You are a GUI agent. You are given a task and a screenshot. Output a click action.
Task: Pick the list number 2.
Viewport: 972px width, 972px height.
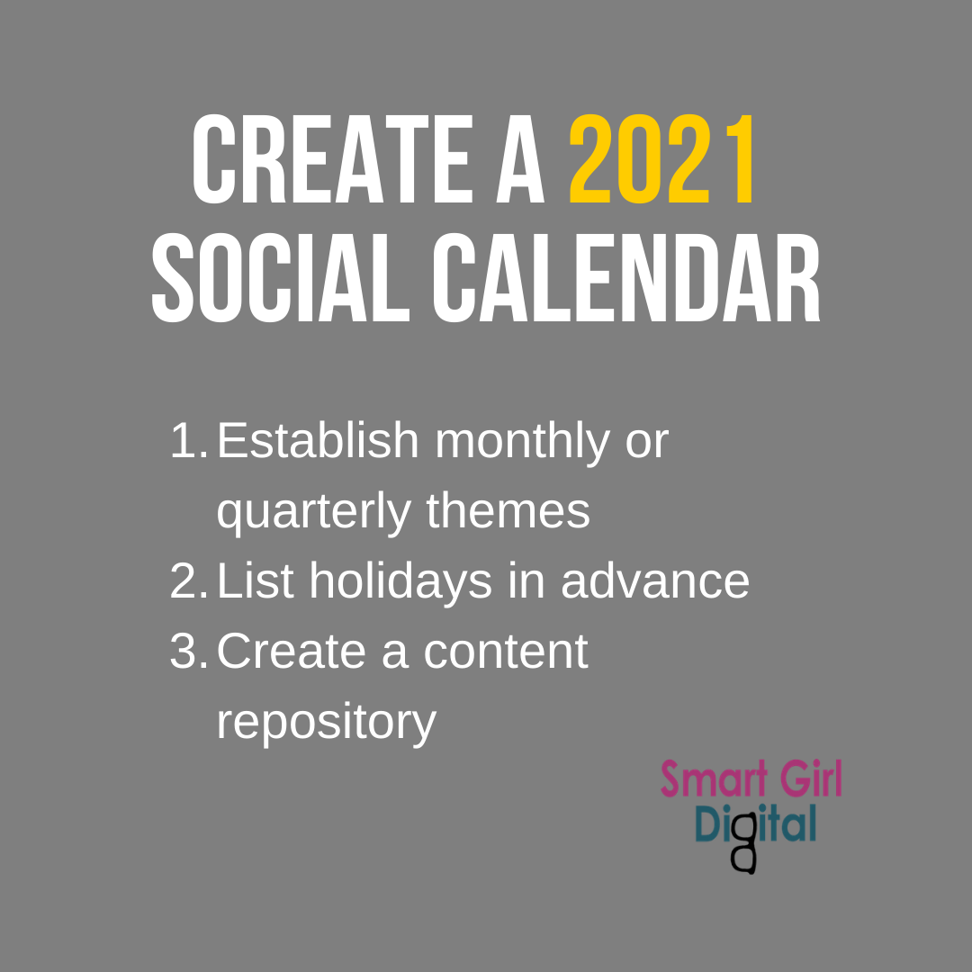coord(188,582)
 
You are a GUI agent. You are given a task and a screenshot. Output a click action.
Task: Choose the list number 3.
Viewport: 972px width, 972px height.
coord(188,652)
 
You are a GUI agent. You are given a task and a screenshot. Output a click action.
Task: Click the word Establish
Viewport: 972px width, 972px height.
coord(318,441)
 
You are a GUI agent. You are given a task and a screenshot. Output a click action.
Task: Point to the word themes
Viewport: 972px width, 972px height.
coord(508,511)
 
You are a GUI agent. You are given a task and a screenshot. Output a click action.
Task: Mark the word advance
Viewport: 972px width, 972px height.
coord(655,581)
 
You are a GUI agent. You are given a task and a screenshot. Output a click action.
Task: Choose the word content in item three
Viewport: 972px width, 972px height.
coord(506,652)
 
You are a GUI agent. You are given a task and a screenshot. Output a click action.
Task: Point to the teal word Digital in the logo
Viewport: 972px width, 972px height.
coord(756,824)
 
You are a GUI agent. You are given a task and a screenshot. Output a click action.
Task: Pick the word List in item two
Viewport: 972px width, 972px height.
coord(256,581)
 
